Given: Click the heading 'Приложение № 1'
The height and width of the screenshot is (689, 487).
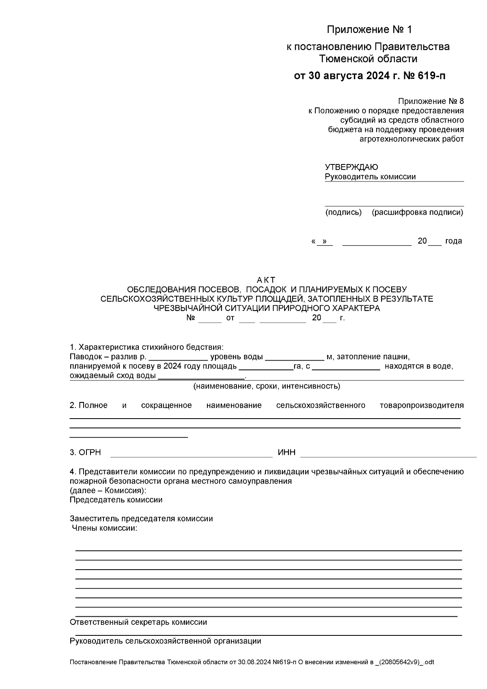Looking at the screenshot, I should tap(369, 30).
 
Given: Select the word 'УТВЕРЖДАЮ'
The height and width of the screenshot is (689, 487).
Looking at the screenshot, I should tap(351, 167).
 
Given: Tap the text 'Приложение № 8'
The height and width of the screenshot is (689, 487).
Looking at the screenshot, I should tap(431, 101).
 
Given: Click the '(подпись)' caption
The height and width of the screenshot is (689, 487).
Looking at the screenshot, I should tap(343, 212).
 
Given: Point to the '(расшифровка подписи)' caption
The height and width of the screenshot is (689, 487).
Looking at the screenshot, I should tap(418, 212).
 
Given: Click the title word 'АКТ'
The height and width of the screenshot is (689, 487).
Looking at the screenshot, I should tap(266, 280).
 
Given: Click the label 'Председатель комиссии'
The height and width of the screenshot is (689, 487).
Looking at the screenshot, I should tap(116, 500).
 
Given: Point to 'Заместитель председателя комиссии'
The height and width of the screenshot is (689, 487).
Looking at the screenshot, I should tap(141, 518).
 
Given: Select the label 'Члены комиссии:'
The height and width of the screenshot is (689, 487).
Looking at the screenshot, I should tap(104, 528).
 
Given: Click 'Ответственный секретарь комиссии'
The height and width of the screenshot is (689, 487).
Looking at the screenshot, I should tap(138, 622).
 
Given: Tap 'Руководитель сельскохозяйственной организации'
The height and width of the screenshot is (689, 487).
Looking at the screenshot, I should tap(165, 641).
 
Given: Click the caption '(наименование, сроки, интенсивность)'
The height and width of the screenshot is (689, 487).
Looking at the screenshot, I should tap(267, 386).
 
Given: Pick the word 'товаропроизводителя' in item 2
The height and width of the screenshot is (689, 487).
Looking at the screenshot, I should tap(422, 405).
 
